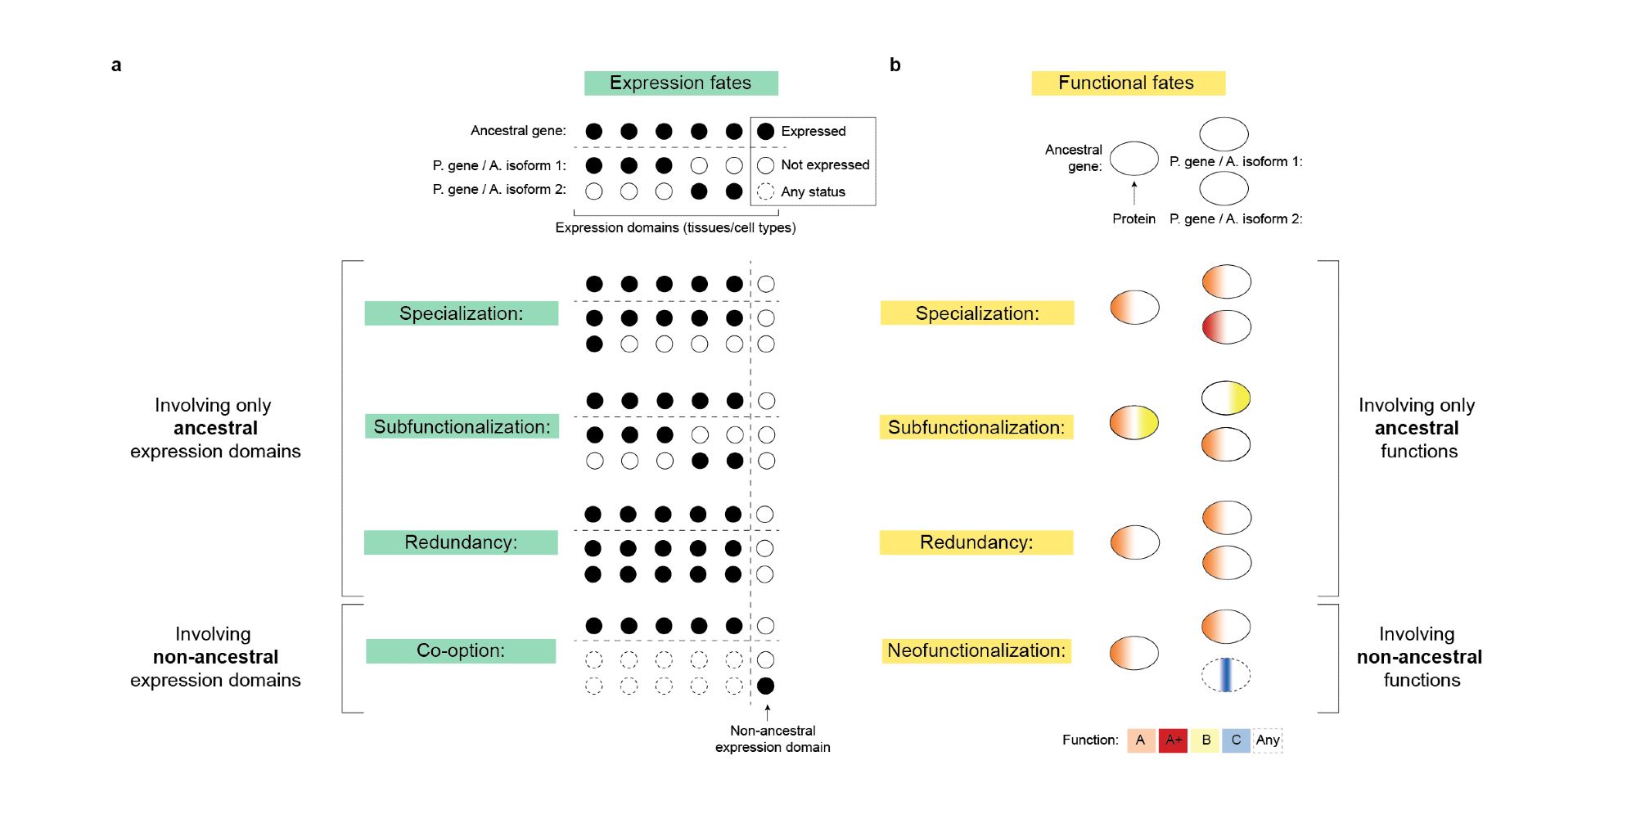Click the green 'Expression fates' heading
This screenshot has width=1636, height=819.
pos(680,83)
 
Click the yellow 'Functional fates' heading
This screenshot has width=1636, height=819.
pos(1127,83)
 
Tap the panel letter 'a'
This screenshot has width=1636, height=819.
pos(116,65)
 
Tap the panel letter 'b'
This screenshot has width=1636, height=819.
pos(895,65)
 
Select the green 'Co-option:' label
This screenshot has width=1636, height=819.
pos(461,651)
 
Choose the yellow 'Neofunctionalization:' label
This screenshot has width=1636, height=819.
pos(976,651)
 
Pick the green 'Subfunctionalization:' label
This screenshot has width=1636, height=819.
pos(462,427)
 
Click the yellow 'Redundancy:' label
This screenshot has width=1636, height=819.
pos(976,542)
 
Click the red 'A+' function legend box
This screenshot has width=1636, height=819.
pos(1173,740)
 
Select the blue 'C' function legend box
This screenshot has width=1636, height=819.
pos(1236,740)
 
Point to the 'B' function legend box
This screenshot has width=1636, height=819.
pos(1206,740)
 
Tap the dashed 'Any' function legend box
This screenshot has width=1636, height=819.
pos(1268,740)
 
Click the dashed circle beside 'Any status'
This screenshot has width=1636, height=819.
pos(765,191)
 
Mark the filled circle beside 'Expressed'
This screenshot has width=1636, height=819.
pos(765,131)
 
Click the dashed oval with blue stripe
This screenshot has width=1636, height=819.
pos(1225,675)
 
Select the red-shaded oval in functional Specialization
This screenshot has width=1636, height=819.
pos(1226,327)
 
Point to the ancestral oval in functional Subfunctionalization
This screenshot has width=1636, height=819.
pos(1133,423)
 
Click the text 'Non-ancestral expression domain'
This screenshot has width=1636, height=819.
pos(773,739)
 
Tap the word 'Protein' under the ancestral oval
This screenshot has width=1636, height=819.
pos(1133,219)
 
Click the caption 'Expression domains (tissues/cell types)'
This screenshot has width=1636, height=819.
pos(675,227)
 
